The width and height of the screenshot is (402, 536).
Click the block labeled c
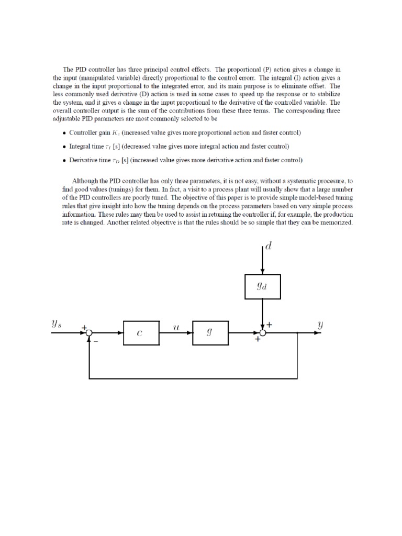[141, 332]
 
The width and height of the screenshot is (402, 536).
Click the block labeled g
[210, 332]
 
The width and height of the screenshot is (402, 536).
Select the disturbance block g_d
[263, 286]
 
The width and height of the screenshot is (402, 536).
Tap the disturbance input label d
[269, 245]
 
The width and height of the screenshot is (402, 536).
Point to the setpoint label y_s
[57, 324]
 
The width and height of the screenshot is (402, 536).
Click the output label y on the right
[320, 325]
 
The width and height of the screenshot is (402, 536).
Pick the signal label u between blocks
[176, 326]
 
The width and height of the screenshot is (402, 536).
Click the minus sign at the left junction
[96, 341]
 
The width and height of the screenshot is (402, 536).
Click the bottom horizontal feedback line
[194, 377]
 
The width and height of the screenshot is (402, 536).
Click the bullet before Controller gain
[64, 133]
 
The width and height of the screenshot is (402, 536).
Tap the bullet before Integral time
[64, 147]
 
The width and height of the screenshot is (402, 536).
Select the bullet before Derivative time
[64, 160]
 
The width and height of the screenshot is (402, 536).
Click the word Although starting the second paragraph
[85, 180]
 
